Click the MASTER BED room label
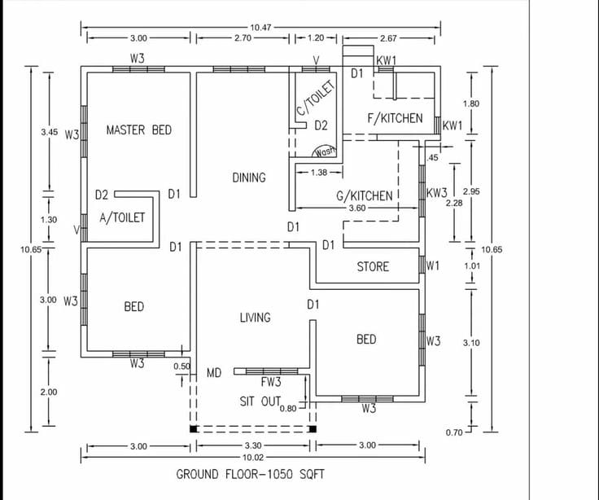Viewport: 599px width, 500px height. (139, 130)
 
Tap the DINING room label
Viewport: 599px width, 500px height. (249, 178)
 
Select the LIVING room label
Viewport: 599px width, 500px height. (255, 318)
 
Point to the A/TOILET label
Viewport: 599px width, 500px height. (122, 218)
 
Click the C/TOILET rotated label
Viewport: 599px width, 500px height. (314, 99)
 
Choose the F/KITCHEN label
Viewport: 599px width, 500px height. (395, 118)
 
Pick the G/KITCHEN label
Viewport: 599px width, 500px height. (365, 195)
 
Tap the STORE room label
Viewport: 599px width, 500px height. (373, 267)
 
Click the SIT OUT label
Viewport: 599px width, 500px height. (260, 401)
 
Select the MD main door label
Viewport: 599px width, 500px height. (214, 373)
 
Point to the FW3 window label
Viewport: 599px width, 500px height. (271, 381)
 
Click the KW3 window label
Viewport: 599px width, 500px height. (437, 194)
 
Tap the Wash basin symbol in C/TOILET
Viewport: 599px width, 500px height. (326, 151)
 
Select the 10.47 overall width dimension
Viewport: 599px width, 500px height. (260, 27)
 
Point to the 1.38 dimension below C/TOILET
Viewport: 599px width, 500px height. (318, 172)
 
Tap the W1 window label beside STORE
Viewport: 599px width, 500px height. (433, 266)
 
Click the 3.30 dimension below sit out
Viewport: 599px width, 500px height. (253, 446)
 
